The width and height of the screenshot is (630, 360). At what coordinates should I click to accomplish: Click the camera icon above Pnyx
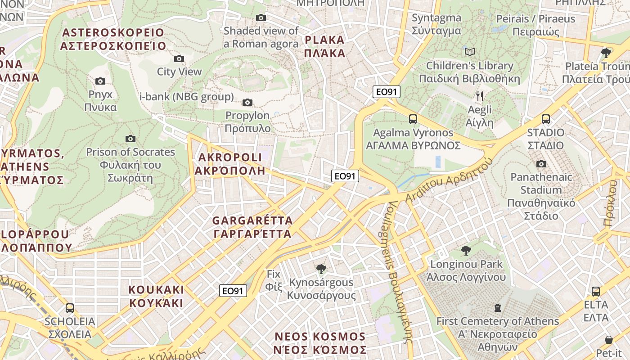click(x=100, y=81)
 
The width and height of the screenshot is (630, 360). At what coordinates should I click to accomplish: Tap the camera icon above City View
click(x=179, y=58)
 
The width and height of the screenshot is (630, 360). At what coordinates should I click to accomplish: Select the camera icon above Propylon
click(x=247, y=102)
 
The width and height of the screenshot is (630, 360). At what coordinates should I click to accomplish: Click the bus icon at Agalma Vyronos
click(x=413, y=119)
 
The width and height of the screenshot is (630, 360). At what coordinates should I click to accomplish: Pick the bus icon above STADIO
click(x=546, y=119)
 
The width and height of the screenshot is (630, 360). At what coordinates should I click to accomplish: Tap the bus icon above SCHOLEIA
click(x=70, y=308)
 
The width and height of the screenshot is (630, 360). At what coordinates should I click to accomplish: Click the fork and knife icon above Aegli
click(x=480, y=96)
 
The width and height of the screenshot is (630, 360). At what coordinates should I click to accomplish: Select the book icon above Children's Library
click(x=470, y=52)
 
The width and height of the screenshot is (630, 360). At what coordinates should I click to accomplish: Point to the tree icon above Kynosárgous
click(x=321, y=269)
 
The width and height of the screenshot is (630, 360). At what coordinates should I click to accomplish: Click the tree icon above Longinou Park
click(x=466, y=250)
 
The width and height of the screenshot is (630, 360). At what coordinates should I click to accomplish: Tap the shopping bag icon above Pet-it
click(x=609, y=340)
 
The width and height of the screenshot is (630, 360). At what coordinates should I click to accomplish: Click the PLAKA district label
click(x=324, y=46)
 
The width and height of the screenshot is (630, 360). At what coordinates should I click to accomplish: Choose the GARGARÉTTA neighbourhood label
click(x=252, y=227)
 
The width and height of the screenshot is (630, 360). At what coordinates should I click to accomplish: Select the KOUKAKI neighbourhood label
click(x=156, y=296)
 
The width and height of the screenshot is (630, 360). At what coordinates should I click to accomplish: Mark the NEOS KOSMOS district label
click(x=320, y=343)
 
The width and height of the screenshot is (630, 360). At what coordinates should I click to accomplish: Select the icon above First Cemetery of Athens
click(x=498, y=308)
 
